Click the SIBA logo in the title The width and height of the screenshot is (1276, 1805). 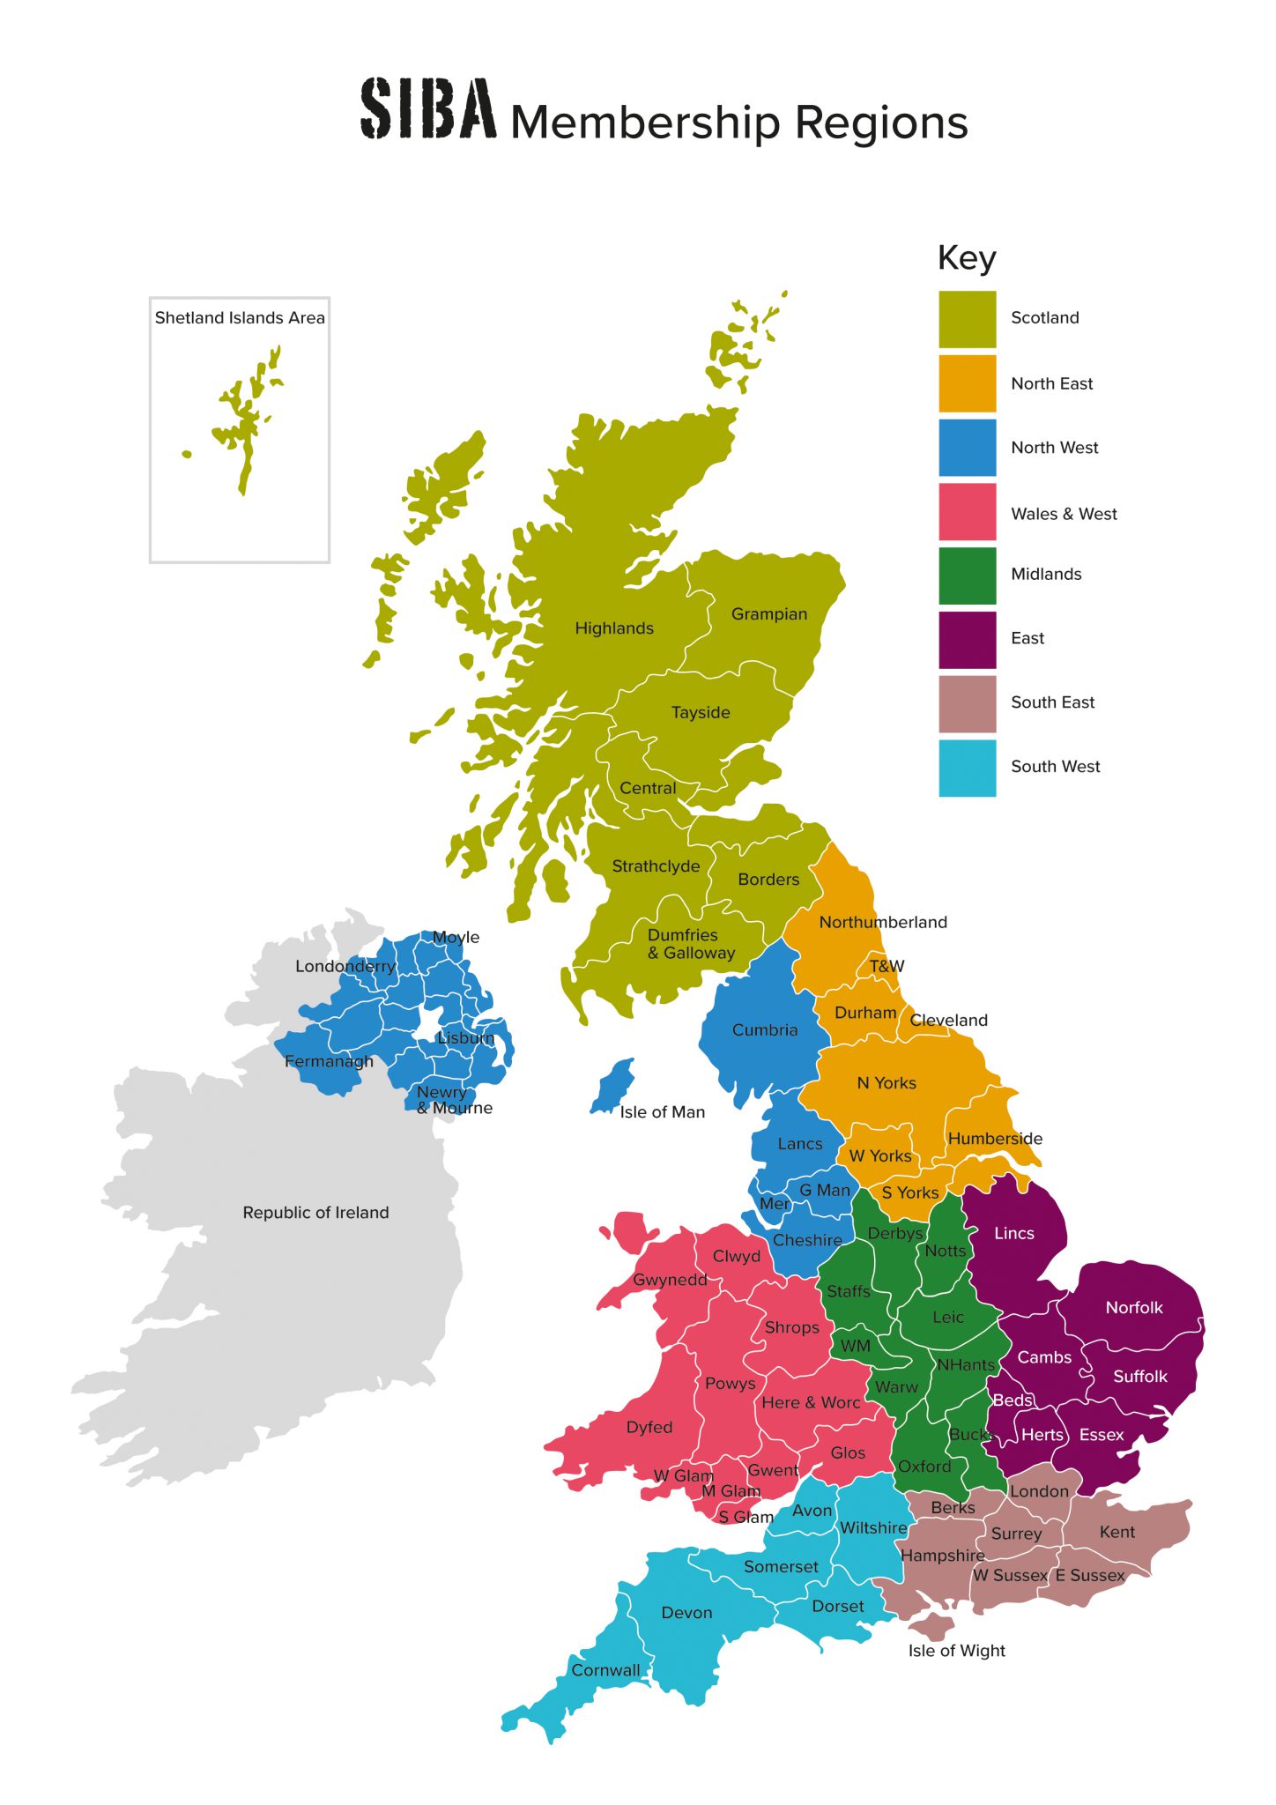click(x=428, y=109)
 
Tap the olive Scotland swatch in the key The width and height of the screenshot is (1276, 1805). click(x=967, y=319)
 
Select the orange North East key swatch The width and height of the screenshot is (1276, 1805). click(x=967, y=383)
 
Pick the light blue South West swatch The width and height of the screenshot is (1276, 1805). click(x=967, y=768)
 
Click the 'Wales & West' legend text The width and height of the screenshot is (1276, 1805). click(x=1064, y=514)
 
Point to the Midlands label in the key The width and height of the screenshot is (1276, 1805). click(x=1046, y=575)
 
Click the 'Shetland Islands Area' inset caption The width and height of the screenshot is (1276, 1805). click(x=240, y=318)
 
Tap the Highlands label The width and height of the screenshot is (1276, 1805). click(x=614, y=628)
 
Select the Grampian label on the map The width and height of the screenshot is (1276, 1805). click(x=769, y=614)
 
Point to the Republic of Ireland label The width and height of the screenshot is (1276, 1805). click(x=315, y=1213)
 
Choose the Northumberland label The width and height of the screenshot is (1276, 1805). click(x=883, y=923)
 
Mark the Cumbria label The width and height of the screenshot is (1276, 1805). click(x=765, y=1030)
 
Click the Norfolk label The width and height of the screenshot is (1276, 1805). click(x=1134, y=1308)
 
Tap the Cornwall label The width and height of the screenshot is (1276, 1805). click(x=606, y=1670)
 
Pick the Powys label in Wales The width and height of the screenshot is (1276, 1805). click(x=730, y=1384)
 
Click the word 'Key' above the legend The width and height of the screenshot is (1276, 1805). click(x=967, y=258)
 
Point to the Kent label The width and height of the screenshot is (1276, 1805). click(x=1117, y=1533)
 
